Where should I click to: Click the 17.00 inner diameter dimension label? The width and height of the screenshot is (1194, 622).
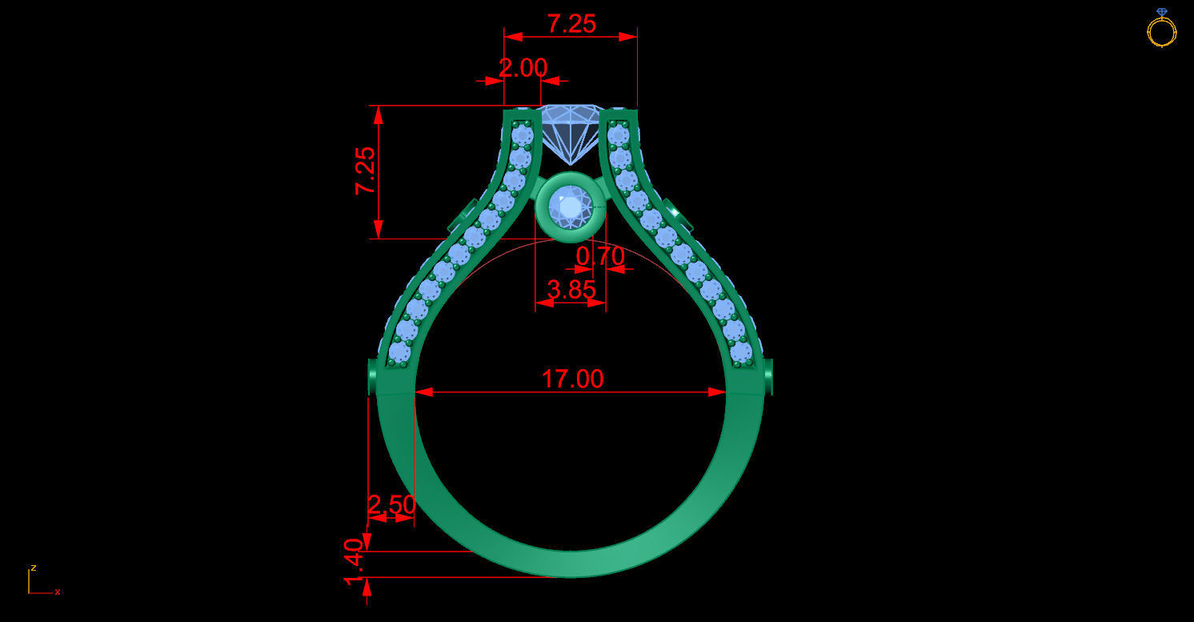(x=572, y=378)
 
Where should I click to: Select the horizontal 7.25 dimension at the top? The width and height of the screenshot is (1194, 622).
(x=571, y=24)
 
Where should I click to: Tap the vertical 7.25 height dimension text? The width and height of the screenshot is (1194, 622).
(x=365, y=171)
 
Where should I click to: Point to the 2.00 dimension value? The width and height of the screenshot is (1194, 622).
(x=523, y=68)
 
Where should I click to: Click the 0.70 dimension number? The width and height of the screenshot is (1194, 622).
(x=600, y=256)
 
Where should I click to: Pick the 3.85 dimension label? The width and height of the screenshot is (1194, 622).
(x=571, y=289)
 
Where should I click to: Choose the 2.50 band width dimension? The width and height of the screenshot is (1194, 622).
(x=391, y=504)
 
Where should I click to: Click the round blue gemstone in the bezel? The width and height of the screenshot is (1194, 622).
(x=570, y=207)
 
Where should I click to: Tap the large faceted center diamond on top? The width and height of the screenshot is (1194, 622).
(x=570, y=128)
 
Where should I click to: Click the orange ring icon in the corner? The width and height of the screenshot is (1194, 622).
(x=1161, y=29)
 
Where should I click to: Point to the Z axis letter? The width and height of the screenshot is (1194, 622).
(x=34, y=568)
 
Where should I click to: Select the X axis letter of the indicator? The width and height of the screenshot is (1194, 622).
(x=58, y=592)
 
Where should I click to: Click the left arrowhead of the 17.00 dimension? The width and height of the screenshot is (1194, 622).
(x=423, y=391)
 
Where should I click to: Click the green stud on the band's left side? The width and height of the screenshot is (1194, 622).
(x=372, y=377)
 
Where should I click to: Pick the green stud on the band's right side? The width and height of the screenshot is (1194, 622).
(x=768, y=376)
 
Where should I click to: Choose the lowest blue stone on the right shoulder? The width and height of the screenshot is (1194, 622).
(x=742, y=351)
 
